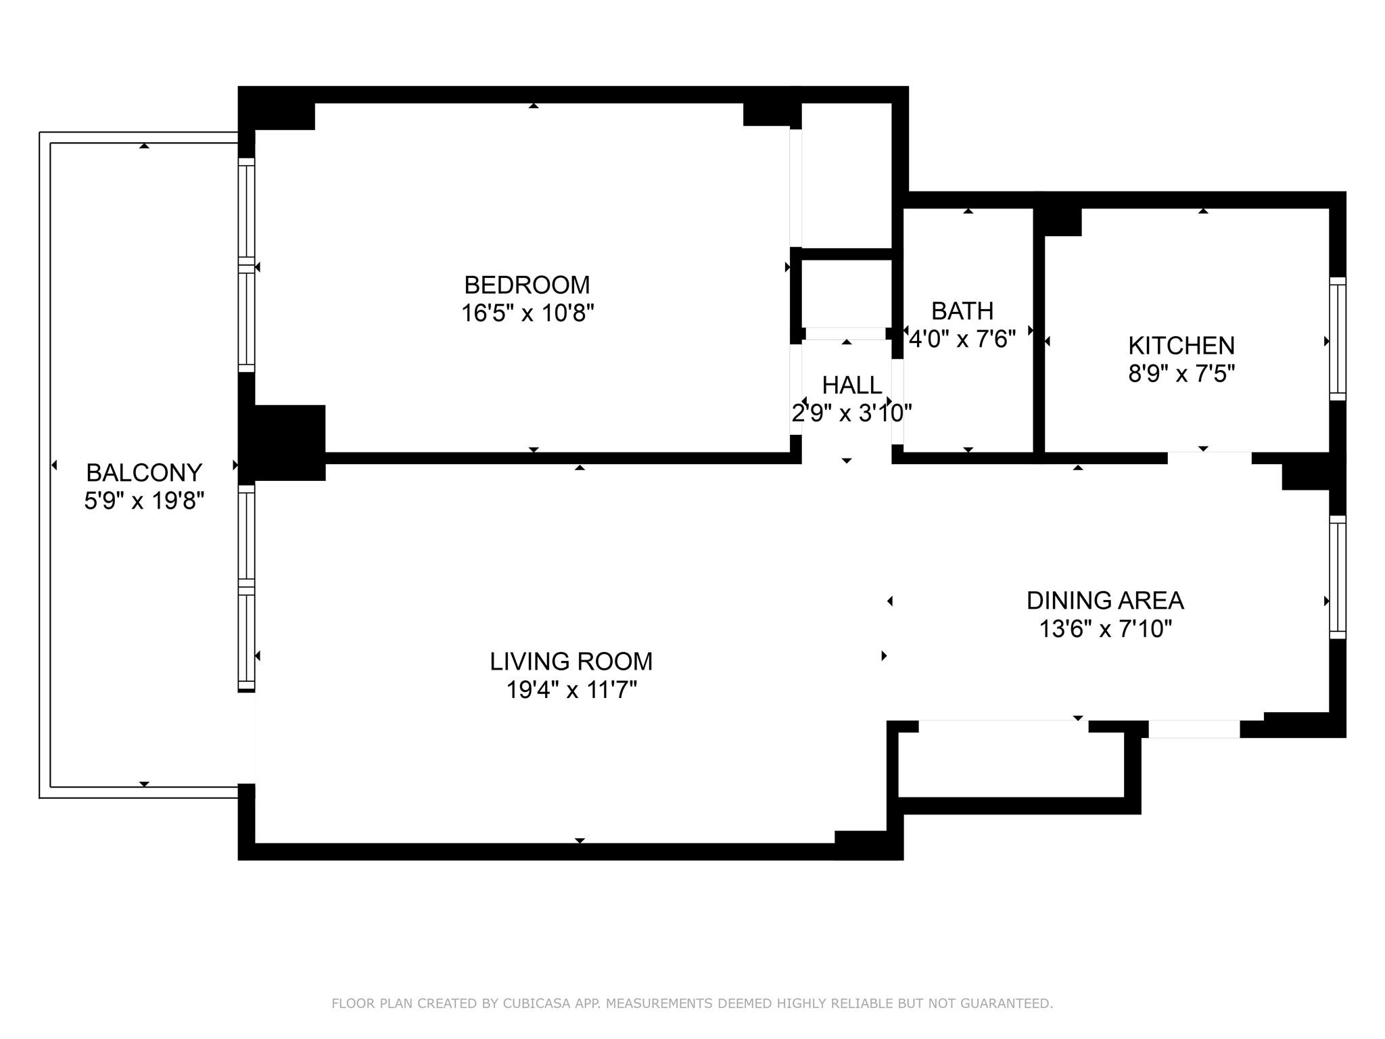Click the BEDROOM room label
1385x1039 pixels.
(x=527, y=285)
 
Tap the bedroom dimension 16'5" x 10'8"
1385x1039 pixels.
(x=527, y=313)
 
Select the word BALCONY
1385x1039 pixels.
(x=144, y=472)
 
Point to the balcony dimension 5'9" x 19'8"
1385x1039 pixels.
(x=144, y=501)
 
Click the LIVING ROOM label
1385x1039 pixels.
(x=571, y=661)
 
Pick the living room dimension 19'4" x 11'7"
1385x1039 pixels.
(x=571, y=690)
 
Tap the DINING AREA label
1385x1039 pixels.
(x=1104, y=600)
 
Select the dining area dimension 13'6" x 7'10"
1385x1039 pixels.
(x=1104, y=629)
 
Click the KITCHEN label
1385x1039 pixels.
(x=1181, y=346)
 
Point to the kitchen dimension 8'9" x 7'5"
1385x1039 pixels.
(x=1181, y=373)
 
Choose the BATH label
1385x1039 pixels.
(x=962, y=310)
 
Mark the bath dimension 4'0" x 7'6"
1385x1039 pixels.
(x=962, y=338)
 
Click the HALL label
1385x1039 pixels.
(x=851, y=385)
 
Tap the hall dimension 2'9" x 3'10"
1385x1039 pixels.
(x=851, y=413)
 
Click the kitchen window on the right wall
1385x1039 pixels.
(x=1337, y=339)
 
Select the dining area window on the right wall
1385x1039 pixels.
(x=1337, y=577)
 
